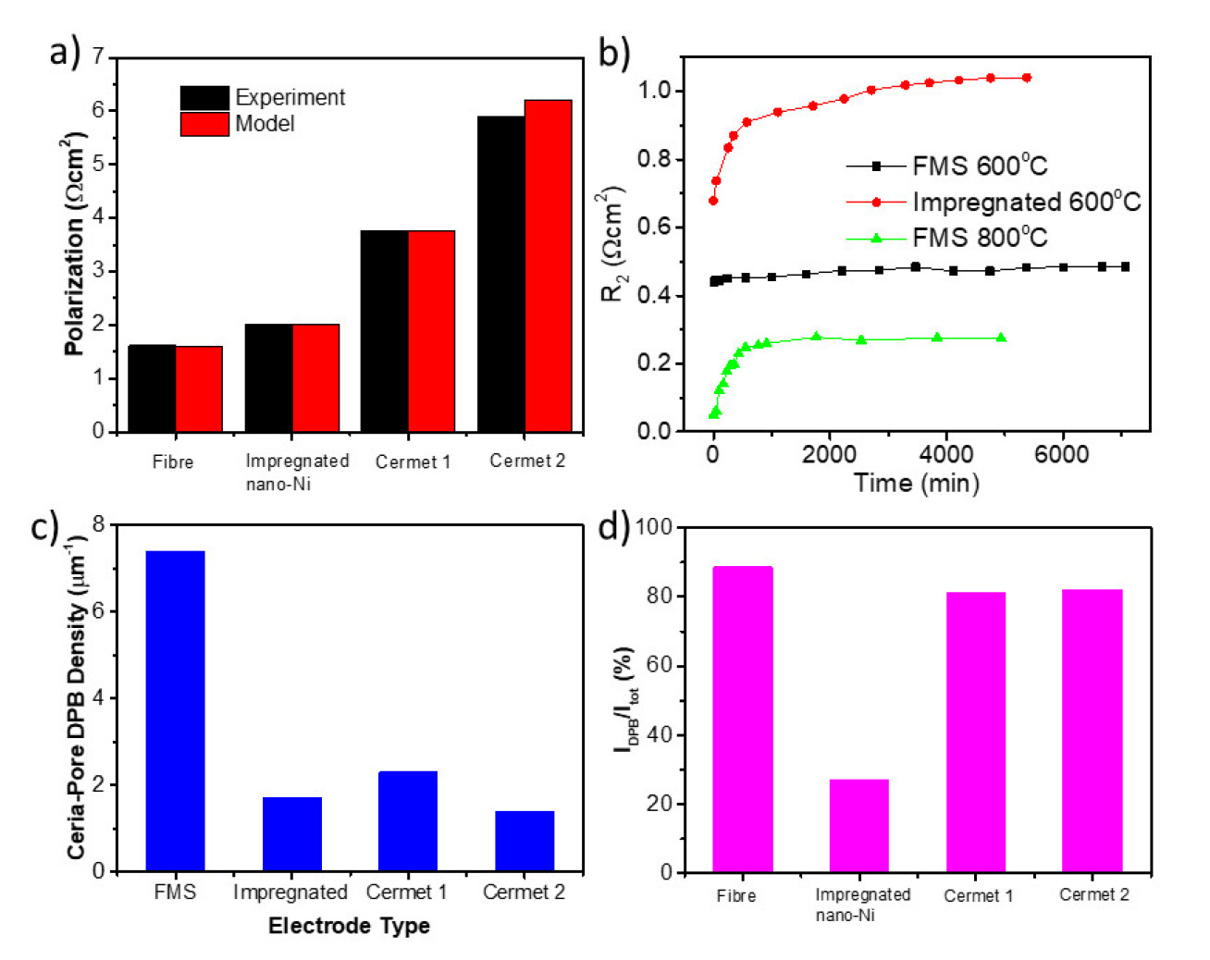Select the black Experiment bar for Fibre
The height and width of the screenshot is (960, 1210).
click(x=152, y=388)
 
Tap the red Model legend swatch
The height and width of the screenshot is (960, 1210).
click(x=204, y=124)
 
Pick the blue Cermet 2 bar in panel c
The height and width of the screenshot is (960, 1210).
click(x=525, y=841)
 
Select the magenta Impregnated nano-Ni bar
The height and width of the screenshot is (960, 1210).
click(x=858, y=825)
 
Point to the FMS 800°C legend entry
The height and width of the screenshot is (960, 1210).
click(x=980, y=238)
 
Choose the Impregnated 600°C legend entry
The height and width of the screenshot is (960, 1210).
click(x=1026, y=202)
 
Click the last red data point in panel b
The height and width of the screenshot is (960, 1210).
click(x=1027, y=78)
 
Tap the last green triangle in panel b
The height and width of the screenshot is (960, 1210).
click(x=1001, y=338)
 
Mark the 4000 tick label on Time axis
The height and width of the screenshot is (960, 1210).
click(x=946, y=454)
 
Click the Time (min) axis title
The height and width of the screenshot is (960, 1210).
click(x=916, y=483)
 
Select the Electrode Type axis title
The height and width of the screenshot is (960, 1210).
click(x=349, y=926)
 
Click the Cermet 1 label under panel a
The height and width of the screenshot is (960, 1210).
click(x=413, y=462)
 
